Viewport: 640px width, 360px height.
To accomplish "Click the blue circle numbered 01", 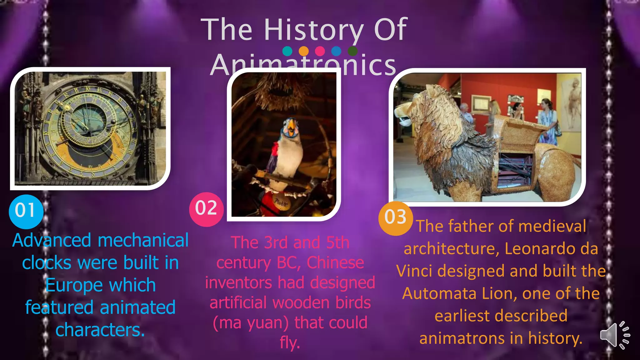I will coord(26,211).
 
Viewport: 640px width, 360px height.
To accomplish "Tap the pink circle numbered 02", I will coord(206,209).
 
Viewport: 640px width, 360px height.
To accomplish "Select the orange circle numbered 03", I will coord(395,218).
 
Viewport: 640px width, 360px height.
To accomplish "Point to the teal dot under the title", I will coord(287,51).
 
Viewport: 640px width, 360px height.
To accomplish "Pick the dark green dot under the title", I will coord(352,51).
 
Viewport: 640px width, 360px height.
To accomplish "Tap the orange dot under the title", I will coord(303,51).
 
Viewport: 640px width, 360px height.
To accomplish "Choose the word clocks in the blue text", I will coord(47,263).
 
